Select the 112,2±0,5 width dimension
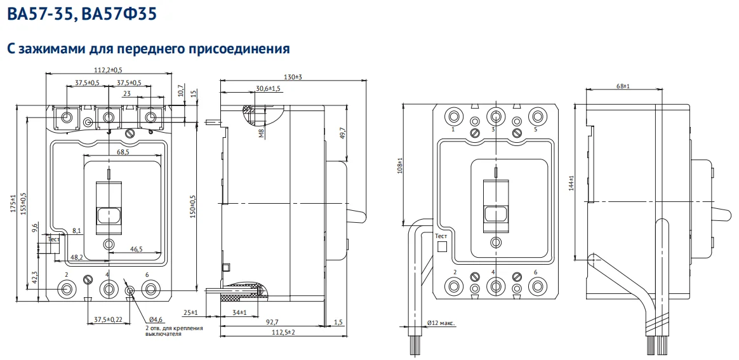coord(108,70)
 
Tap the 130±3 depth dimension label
coord(293,76)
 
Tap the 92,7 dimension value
coord(272,322)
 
